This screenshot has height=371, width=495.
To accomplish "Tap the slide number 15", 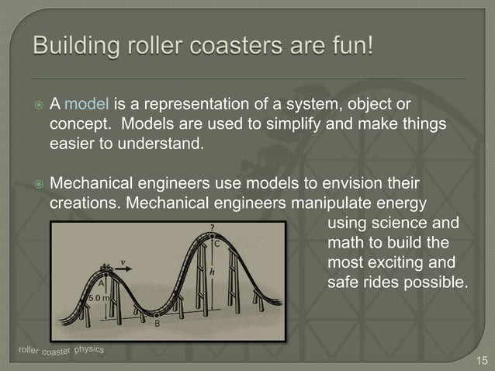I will click(x=482, y=360).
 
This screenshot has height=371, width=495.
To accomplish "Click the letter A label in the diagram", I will click(x=102, y=284).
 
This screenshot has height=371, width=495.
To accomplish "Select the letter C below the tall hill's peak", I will click(x=216, y=243).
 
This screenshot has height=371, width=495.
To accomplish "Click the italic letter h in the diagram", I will click(x=212, y=272).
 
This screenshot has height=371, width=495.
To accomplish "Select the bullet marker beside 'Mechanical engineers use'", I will click(x=36, y=185).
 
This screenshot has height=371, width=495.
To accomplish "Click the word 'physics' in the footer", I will click(x=89, y=349).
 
